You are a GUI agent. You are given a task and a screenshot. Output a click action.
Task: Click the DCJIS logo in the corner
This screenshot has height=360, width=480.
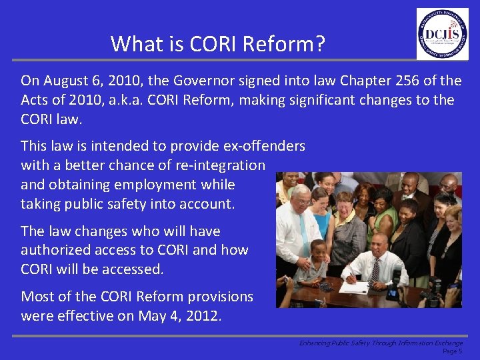coord(442,34)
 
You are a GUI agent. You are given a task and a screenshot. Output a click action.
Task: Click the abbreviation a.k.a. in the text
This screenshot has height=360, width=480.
coord(126,100)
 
